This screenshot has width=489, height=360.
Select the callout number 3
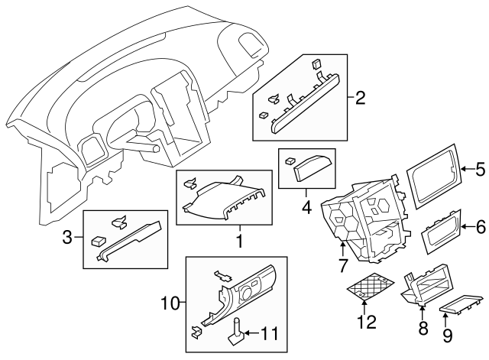[67, 238]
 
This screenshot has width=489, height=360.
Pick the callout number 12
[368, 323]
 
